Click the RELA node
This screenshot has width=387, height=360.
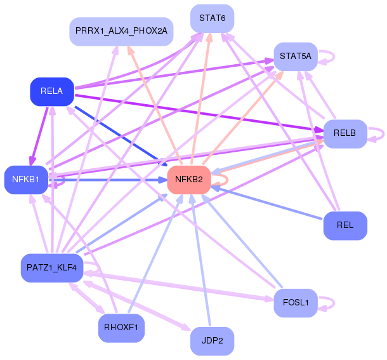point(52,91)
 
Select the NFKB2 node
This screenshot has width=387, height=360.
point(189,180)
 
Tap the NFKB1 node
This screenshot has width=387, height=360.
point(26,180)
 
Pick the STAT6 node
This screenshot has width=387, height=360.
point(213,18)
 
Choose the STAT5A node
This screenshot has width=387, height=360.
point(296,57)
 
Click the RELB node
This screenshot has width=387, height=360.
point(345,134)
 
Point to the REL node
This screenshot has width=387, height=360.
point(345,225)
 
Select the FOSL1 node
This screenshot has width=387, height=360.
point(296,303)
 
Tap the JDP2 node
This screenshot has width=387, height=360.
point(213,341)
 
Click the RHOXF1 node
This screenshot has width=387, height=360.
point(121,328)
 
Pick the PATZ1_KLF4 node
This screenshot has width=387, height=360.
point(52,268)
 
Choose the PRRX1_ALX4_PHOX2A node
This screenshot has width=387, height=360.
point(121,32)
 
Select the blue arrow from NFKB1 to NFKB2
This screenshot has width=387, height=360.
point(108,180)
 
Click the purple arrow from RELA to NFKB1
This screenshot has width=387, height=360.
point(39,136)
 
